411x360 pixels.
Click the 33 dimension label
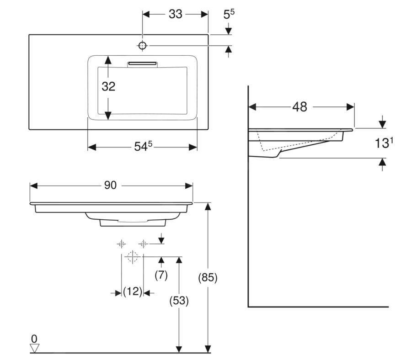175,14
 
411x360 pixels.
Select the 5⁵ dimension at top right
229,15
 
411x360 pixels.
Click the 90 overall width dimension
110,185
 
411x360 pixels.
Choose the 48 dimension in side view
299,107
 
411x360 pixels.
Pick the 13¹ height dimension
384,143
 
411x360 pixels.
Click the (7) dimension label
161,275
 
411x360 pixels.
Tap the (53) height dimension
179,301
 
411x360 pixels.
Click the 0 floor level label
34,339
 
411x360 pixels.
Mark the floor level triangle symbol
34,348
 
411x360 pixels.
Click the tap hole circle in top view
142,45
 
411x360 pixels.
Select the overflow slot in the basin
142,63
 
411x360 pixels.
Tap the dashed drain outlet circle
133,257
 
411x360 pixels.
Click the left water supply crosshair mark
121,244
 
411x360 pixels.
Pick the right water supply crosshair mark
143,244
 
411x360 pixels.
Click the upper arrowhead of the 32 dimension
108,60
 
